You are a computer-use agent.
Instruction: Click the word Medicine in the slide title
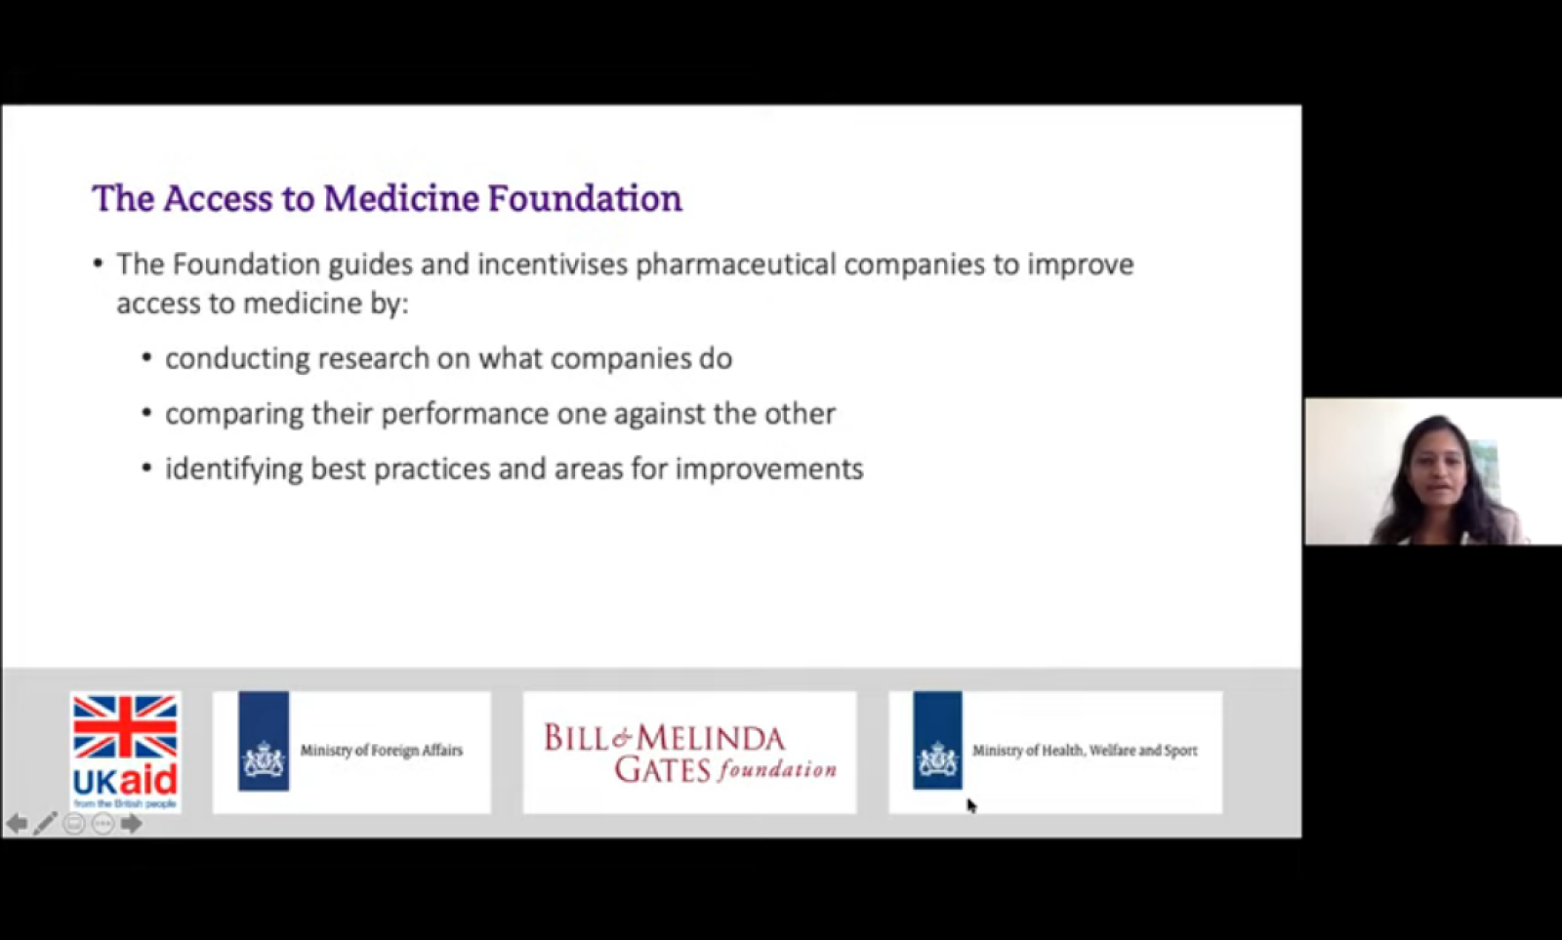pyautogui.click(x=401, y=198)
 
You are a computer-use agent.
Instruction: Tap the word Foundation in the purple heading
pyautogui.click(x=585, y=198)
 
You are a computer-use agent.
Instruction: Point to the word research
pyautogui.click(x=374, y=358)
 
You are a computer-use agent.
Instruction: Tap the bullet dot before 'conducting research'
pyautogui.click(x=146, y=358)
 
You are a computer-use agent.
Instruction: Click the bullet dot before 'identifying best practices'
pyautogui.click(x=146, y=469)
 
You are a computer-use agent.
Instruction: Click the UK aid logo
pyautogui.click(x=126, y=752)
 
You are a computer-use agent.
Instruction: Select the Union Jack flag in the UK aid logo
pyautogui.click(x=126, y=726)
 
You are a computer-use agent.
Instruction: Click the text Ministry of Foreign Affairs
pyautogui.click(x=382, y=751)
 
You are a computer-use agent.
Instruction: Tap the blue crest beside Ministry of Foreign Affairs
pyautogui.click(x=264, y=741)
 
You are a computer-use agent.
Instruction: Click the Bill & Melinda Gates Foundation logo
pyautogui.click(x=689, y=753)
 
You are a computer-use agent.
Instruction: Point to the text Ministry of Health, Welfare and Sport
pyautogui.click(x=1085, y=751)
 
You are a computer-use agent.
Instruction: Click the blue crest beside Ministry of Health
pyautogui.click(x=938, y=741)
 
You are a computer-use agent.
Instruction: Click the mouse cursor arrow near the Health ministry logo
pyautogui.click(x=971, y=805)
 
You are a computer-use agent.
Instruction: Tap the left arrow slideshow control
pyautogui.click(x=17, y=824)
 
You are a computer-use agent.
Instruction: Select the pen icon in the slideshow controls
pyautogui.click(x=45, y=824)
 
